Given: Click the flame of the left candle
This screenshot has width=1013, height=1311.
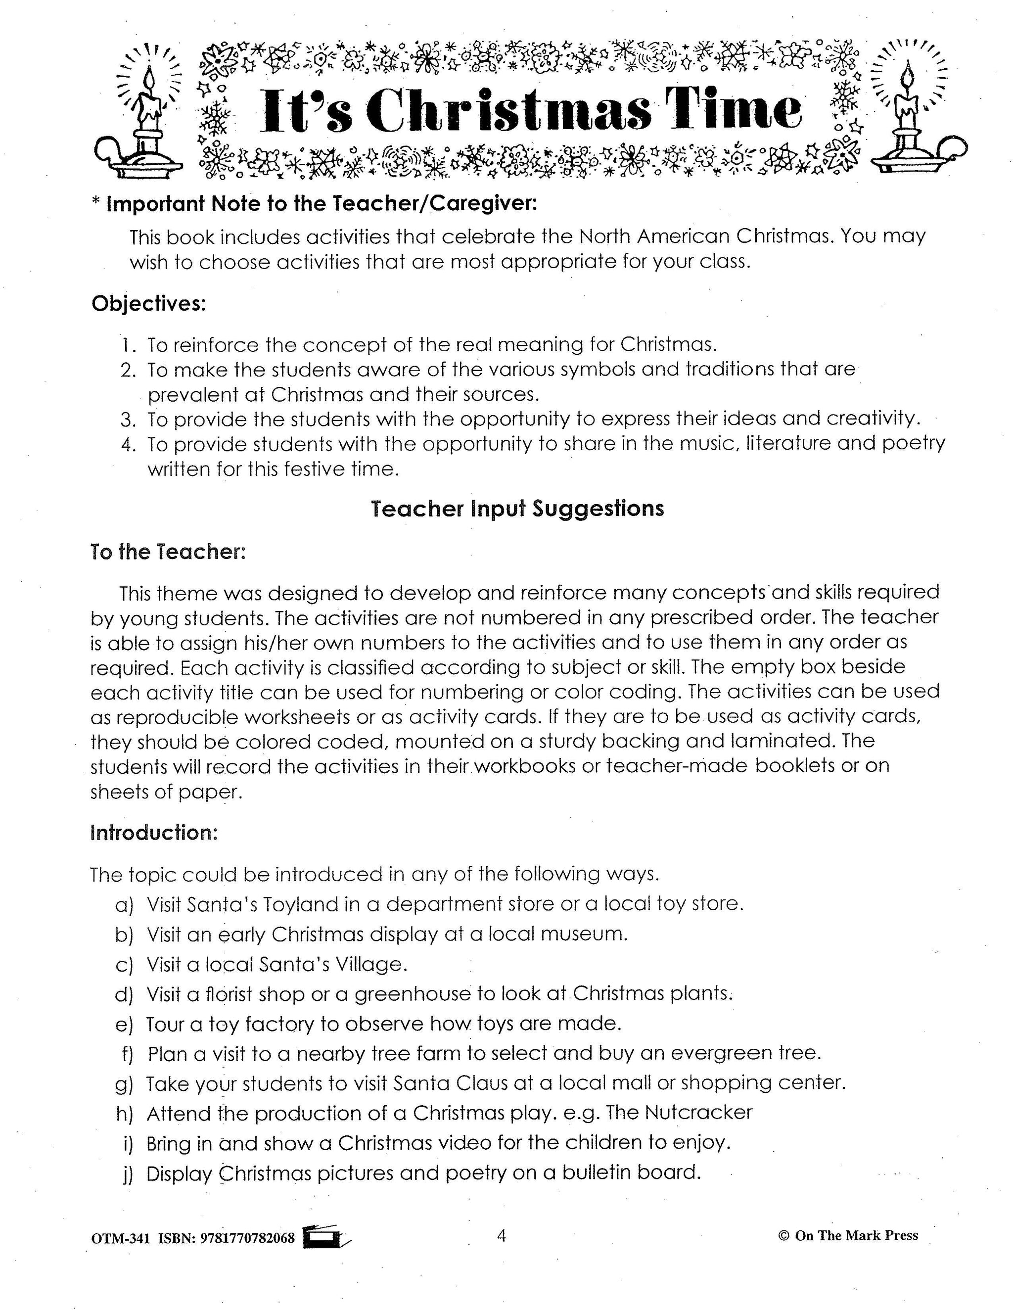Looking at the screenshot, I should coord(149,79).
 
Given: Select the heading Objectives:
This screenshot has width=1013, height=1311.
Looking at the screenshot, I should coord(148,304).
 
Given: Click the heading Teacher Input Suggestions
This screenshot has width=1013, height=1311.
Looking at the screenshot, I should coord(517,509).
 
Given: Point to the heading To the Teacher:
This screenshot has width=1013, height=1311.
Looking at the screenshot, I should coord(168,552).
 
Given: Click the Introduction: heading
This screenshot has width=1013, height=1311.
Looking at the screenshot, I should coord(154,833).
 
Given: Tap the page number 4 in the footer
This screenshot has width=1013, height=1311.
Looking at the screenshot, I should coord(502,1235).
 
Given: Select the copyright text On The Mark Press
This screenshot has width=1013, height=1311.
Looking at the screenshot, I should coord(856,1235).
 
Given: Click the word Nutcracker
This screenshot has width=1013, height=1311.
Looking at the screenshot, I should coord(698,1112).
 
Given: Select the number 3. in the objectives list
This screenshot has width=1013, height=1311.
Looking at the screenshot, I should coord(129,419).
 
